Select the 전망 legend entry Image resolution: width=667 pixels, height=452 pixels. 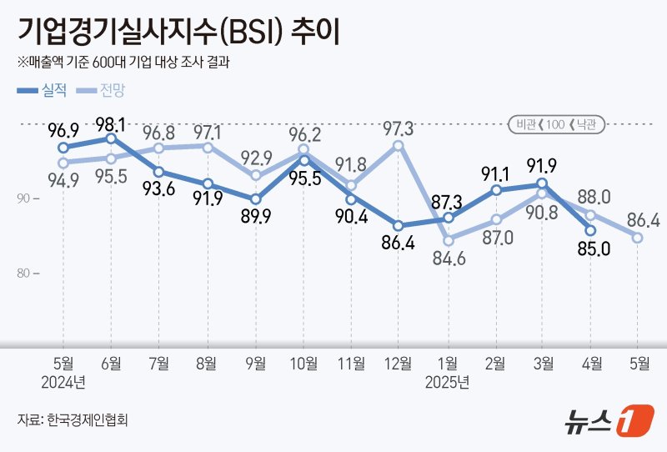pos(102,90)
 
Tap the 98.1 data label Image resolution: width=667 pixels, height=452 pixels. pos(110,124)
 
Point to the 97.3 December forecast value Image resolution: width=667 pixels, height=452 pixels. pos(399,129)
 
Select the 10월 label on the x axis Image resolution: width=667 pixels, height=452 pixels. pos(303,364)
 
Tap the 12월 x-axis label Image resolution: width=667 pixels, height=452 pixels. pos(399,364)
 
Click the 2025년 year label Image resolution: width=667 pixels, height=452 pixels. pos(448,383)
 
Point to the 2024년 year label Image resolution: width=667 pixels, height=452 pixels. pos(63,383)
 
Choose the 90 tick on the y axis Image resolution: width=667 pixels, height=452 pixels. pos(23,198)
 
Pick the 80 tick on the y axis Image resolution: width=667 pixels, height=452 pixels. pos(23,274)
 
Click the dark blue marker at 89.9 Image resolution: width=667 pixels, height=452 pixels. pos(255,198)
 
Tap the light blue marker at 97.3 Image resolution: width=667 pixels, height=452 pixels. pos(399,145)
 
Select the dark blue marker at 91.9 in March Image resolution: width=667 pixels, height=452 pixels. pos(542,183)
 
